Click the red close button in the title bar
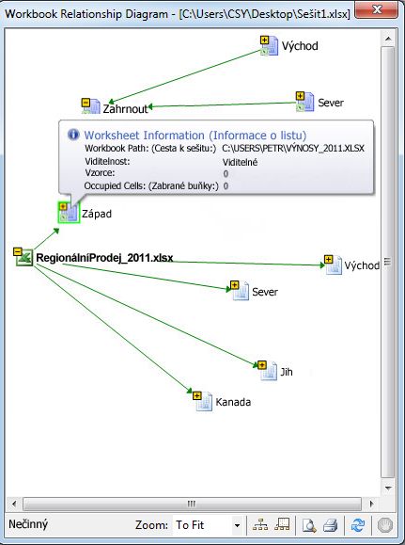click(377, 9)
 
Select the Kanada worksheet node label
click(233, 402)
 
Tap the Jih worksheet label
click(287, 372)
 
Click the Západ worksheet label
click(97, 214)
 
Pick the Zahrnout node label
click(125, 109)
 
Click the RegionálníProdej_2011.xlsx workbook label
click(104, 258)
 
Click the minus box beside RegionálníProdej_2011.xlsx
click(17, 251)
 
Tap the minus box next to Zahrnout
click(86, 103)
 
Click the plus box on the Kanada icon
click(196, 395)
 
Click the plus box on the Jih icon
click(262, 365)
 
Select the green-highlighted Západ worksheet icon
click(69, 212)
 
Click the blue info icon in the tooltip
click(73, 135)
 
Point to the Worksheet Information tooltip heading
click(195, 135)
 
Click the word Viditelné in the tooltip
click(240, 162)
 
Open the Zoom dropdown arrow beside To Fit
click(237, 525)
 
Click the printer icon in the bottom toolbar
click(330, 525)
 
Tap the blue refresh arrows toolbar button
click(357, 525)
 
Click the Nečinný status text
click(28, 524)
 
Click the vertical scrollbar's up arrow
click(388, 39)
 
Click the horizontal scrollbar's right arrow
click(372, 504)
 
